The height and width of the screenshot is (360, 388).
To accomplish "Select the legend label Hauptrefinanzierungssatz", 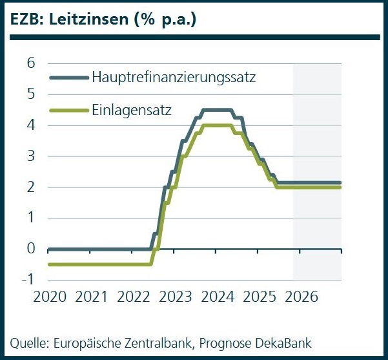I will [x=174, y=78].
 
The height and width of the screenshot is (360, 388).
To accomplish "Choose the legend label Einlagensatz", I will [x=132, y=109].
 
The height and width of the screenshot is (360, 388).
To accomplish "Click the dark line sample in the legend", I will [x=69, y=78].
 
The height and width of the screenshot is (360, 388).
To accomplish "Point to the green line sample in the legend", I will [x=69, y=109].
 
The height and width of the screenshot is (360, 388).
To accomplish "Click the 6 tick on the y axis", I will [x=30, y=63].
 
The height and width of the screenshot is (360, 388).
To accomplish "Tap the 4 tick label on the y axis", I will [x=30, y=125].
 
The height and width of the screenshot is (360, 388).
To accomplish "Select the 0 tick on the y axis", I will [x=30, y=249].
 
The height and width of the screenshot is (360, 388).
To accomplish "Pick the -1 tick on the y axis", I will [x=28, y=279].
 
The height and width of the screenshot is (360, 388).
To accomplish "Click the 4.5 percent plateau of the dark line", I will [x=217, y=110].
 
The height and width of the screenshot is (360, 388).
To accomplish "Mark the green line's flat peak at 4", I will [x=217, y=125].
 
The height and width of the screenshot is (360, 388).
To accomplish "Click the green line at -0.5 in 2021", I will [x=91, y=264].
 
